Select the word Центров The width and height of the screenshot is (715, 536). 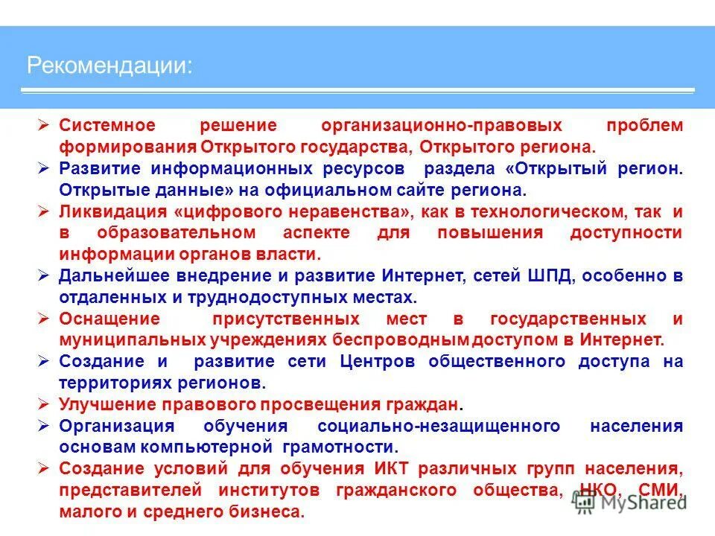(378, 362)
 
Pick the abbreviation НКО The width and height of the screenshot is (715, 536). (602, 491)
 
